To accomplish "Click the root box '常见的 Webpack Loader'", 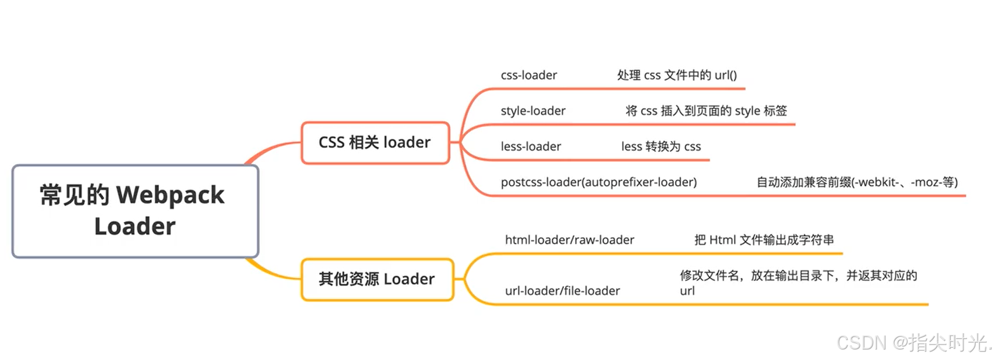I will coord(135,211).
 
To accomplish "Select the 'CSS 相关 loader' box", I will coord(375,143).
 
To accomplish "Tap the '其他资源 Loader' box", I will coord(377,280).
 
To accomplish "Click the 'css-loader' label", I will coord(528,75).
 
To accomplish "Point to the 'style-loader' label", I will coord(533,111).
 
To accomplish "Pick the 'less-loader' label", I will coord(531,146).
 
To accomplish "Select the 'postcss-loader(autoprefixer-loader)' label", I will coord(598,182).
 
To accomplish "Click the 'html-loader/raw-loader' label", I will coord(569,239).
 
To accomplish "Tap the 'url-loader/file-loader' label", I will coord(562,291).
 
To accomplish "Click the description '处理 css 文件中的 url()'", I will coord(676,75).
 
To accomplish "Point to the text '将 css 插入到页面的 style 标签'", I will coord(706,111).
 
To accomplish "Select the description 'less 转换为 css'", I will coord(661,146).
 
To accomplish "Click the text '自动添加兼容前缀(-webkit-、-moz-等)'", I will coord(856,182).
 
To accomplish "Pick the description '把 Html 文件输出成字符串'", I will coord(764,239).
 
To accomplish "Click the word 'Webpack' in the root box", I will coord(170,195).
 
